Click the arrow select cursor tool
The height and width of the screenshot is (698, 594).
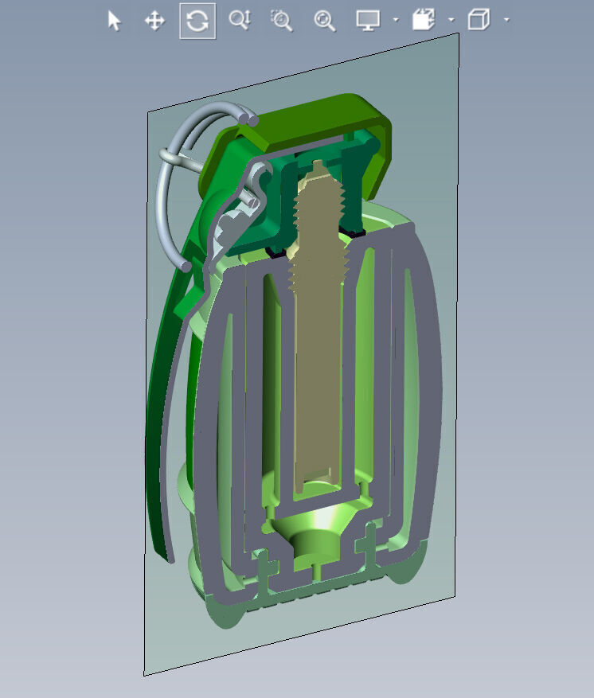[115, 21]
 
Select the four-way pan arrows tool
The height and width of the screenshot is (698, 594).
[154, 21]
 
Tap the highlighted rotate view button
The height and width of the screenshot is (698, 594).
[197, 21]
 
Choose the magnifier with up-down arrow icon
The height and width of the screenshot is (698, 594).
[239, 21]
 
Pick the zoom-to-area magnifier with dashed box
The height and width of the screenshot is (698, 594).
[281, 21]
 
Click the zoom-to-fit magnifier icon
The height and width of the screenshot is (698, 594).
[324, 21]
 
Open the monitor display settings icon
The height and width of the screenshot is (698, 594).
[367, 21]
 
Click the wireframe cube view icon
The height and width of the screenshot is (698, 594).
[478, 21]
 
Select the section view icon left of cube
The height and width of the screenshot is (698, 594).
[423, 21]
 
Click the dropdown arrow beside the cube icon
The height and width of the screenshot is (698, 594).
[506, 21]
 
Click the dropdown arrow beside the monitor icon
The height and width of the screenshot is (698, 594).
[396, 21]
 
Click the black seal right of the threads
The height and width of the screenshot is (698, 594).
[353, 231]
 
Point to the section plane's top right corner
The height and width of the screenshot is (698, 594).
[458, 35]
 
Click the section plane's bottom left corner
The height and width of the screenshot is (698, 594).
[144, 674]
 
